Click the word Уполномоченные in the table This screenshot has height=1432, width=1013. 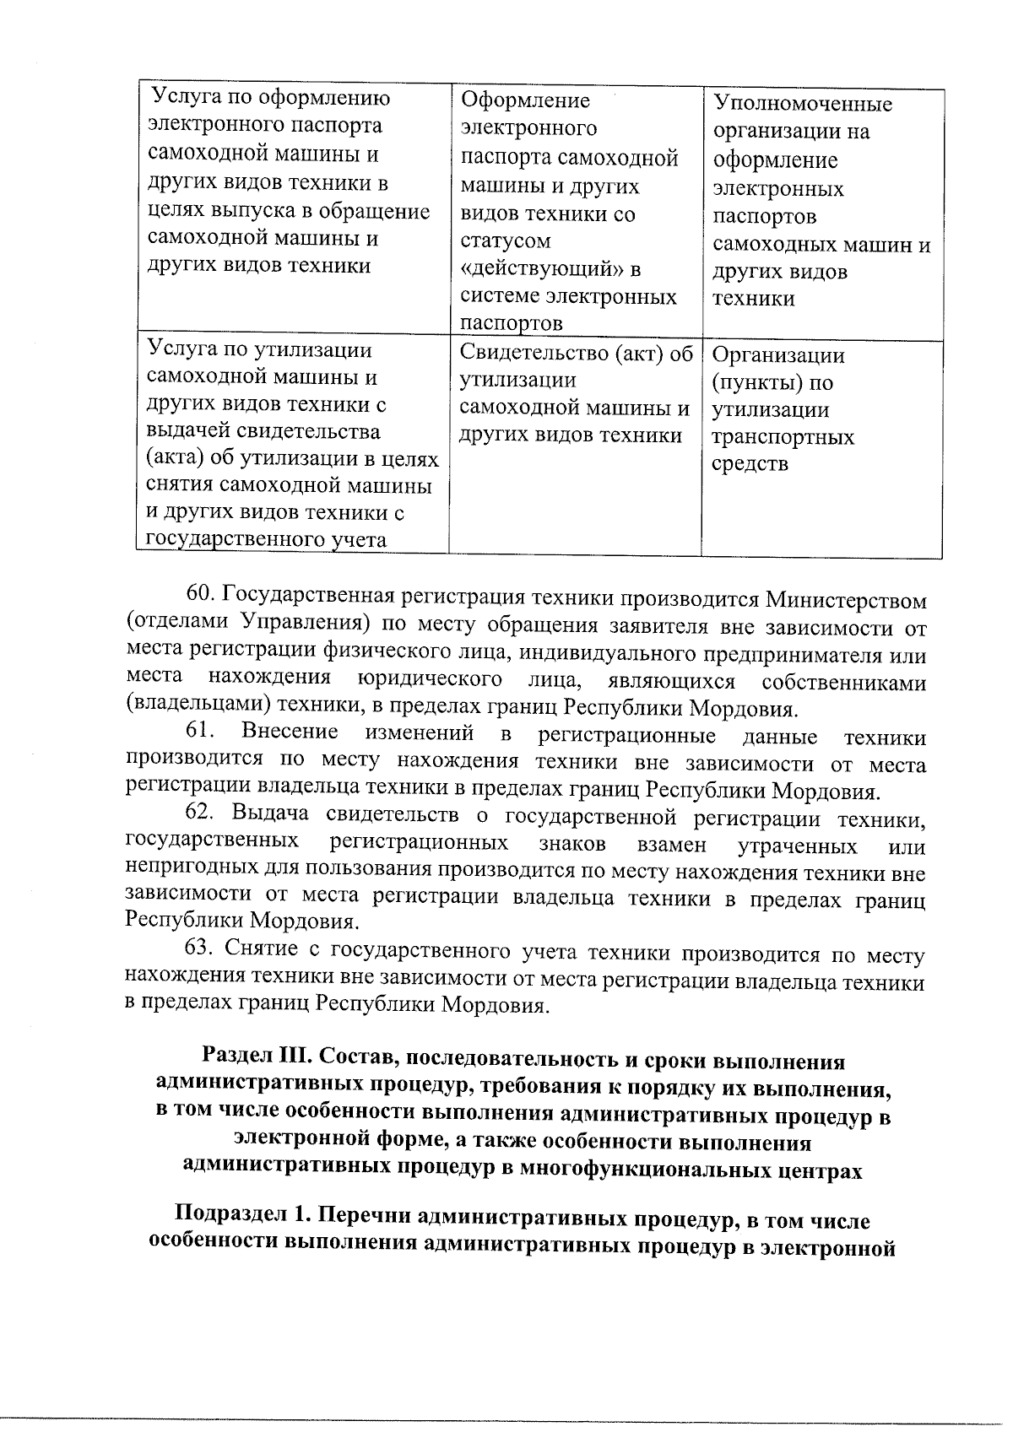coord(802,105)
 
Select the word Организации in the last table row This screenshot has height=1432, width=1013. coord(777,355)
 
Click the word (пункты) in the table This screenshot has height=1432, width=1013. coord(748,383)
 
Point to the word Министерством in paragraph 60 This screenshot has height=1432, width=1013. coord(846,601)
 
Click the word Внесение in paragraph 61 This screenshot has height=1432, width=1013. coord(290,732)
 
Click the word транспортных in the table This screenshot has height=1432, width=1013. coord(783,437)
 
